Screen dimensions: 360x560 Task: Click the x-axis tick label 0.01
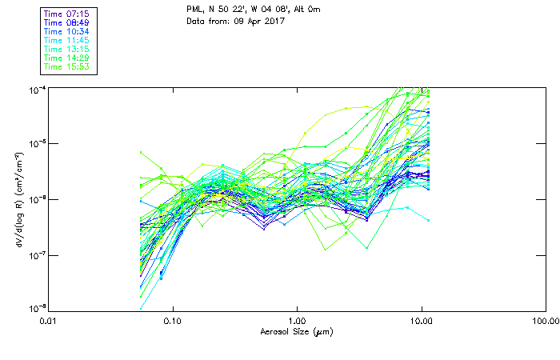[49, 321]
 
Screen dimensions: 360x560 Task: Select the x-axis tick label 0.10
[173, 321]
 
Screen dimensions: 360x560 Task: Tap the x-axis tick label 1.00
[297, 321]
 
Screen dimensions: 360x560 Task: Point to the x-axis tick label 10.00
[421, 321]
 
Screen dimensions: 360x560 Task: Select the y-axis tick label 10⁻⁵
[36, 143]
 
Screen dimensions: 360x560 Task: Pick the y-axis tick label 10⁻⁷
[36, 254]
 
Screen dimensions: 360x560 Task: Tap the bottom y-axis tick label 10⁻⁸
[36, 309]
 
